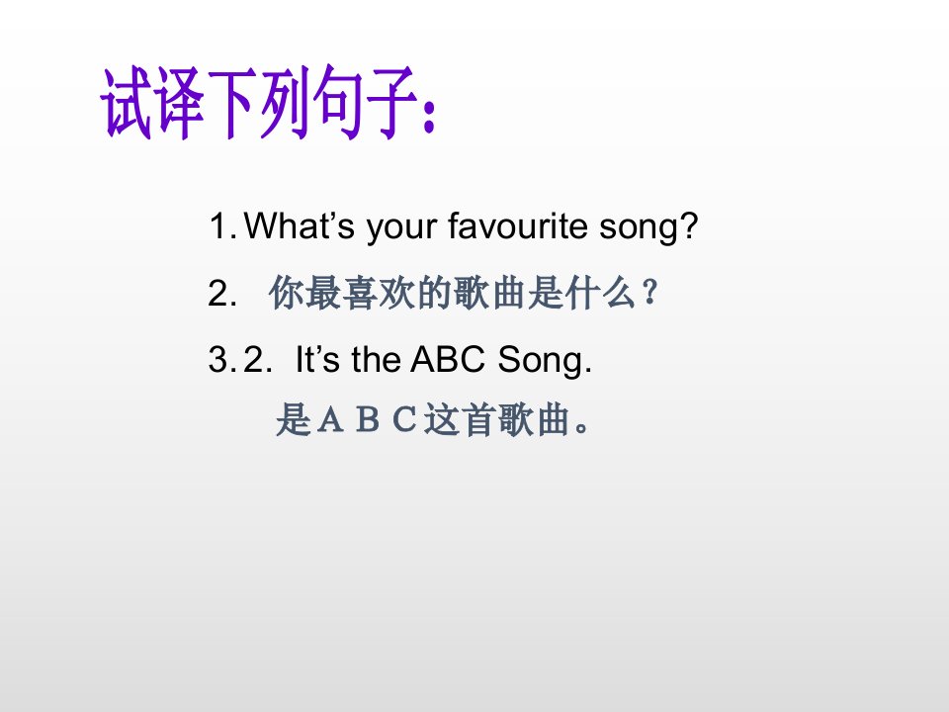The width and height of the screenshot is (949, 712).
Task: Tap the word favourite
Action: coord(518,225)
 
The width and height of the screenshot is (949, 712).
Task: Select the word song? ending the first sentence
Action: coord(648,227)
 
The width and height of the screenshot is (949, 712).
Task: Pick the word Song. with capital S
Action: coord(544,361)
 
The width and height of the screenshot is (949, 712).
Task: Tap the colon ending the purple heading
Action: coord(428,116)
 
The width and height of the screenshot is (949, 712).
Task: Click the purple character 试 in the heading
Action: coord(126,104)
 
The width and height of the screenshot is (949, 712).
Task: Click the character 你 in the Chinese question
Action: coord(286,293)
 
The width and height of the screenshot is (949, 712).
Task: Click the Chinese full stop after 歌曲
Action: coord(582,427)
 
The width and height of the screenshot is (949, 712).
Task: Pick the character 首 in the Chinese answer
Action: coord(478,419)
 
